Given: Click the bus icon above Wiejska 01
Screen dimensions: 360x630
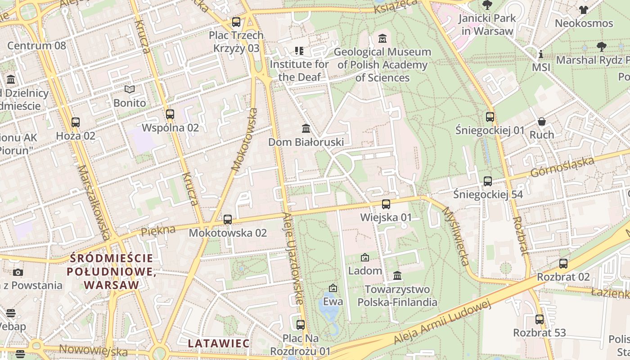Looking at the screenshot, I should pyautogui.click(x=386, y=204).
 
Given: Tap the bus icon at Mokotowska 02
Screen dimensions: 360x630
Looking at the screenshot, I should pyautogui.click(x=228, y=220).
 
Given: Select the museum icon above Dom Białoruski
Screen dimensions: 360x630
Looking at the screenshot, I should pyautogui.click(x=306, y=129).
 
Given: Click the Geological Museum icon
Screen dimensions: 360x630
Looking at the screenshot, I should pyautogui.click(x=382, y=38).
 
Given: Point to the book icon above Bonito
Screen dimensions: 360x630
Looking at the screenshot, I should pyautogui.click(x=130, y=90).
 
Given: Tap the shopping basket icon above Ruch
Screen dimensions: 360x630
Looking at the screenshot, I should pyautogui.click(x=542, y=121).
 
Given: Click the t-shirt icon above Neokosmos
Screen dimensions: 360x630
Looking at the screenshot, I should pyautogui.click(x=584, y=10).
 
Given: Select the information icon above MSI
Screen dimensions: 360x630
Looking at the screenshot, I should pyautogui.click(x=540, y=54).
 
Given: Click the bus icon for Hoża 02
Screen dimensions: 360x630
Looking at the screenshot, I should pyautogui.click(x=76, y=122).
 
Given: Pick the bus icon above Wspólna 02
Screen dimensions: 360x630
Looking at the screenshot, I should pyautogui.click(x=170, y=114).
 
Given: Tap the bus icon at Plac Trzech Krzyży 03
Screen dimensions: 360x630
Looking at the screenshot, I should pyautogui.click(x=236, y=22).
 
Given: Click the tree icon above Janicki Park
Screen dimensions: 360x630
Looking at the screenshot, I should pyautogui.click(x=486, y=5).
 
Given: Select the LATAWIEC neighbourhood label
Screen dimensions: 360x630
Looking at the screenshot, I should pyautogui.click(x=218, y=343).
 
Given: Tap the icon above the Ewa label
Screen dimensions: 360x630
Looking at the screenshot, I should pyautogui.click(x=333, y=288).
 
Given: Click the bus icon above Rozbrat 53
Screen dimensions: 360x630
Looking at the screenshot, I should pyautogui.click(x=539, y=319).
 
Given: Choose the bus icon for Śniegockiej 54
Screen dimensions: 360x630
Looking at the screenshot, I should pyautogui.click(x=488, y=181).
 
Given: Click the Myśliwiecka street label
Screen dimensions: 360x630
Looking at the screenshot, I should pyautogui.click(x=456, y=236).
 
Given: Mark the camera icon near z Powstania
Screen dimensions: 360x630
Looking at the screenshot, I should pyautogui.click(x=18, y=272).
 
